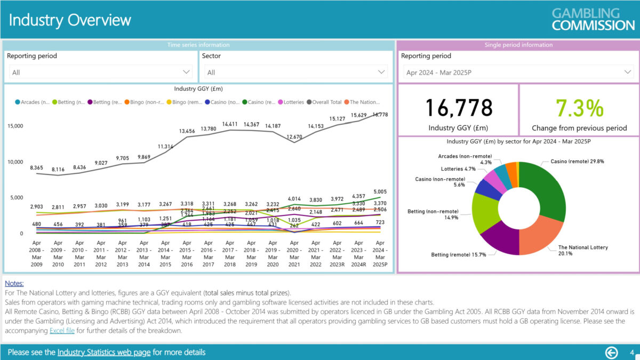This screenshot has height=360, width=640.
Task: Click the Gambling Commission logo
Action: click(x=593, y=19)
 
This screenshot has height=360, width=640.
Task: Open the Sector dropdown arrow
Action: click(x=381, y=72)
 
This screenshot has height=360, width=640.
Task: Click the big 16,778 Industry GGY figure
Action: click(x=459, y=108)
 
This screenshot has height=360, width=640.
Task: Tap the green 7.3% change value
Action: click(x=579, y=108)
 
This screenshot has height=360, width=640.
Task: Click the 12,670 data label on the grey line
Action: click(x=294, y=137)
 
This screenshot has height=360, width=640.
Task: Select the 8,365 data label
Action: click(x=36, y=167)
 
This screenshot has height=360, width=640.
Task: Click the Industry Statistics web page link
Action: click(x=104, y=352)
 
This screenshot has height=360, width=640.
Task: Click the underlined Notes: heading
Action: click(x=14, y=284)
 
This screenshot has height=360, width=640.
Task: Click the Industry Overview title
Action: click(x=70, y=20)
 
